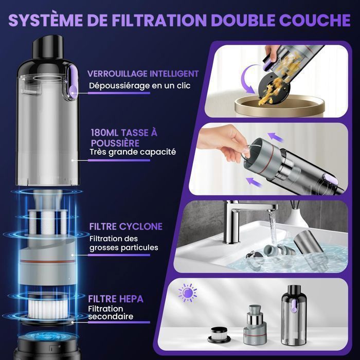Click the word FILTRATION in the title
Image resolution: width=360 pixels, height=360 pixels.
pyautogui.click(x=159, y=20)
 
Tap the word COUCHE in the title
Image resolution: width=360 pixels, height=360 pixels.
pyautogui.click(x=315, y=20)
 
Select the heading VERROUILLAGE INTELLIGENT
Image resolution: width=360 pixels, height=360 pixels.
pyautogui.click(x=143, y=74)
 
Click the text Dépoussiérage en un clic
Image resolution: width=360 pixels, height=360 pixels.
pyautogui.click(x=139, y=86)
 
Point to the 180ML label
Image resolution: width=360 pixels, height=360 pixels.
pyautogui.click(x=104, y=133)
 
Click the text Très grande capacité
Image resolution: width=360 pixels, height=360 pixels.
pyautogui.click(x=133, y=152)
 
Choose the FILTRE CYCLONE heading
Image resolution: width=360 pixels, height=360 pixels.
pyautogui.click(x=126, y=227)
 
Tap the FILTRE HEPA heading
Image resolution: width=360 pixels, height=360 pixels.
pyautogui.click(x=116, y=299)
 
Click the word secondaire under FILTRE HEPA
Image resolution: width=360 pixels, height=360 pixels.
pyautogui.click(x=111, y=316)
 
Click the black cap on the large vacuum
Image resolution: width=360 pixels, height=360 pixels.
pyautogui.click(x=48, y=47)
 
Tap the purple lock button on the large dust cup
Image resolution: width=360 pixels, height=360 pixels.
pyautogui.click(x=73, y=83)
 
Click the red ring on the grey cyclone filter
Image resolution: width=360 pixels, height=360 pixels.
pyautogui.click(x=48, y=261)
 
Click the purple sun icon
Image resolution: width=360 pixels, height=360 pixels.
pyautogui.click(x=188, y=293)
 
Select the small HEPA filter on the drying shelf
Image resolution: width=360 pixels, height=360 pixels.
pyautogui.click(x=219, y=336)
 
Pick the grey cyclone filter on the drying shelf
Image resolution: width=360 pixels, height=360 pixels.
pyautogui.click(x=255, y=325)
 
